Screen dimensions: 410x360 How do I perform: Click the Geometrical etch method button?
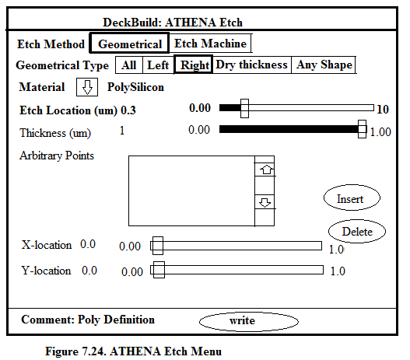click(x=129, y=43)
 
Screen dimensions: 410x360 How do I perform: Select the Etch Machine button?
click(x=210, y=43)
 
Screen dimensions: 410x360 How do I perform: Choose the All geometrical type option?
click(x=129, y=65)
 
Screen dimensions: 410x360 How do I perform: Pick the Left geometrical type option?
click(x=158, y=65)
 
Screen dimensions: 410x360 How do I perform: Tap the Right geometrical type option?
click(x=193, y=65)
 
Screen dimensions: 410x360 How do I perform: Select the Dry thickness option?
click(x=251, y=65)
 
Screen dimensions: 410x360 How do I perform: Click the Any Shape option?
click(x=324, y=65)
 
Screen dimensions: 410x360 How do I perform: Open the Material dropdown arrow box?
click(x=87, y=87)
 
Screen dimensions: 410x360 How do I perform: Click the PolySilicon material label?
click(x=135, y=87)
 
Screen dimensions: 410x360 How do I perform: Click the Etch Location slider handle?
click(x=244, y=108)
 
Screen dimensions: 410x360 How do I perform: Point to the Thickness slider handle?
click(x=362, y=129)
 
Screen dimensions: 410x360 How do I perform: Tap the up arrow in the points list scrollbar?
click(x=265, y=170)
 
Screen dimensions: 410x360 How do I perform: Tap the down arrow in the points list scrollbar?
click(x=265, y=202)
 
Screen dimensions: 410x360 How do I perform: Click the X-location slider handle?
click(x=158, y=246)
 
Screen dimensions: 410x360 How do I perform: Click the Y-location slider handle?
click(x=159, y=270)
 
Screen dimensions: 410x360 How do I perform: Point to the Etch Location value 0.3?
click(x=128, y=110)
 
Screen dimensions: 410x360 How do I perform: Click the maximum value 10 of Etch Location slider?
click(x=383, y=109)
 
